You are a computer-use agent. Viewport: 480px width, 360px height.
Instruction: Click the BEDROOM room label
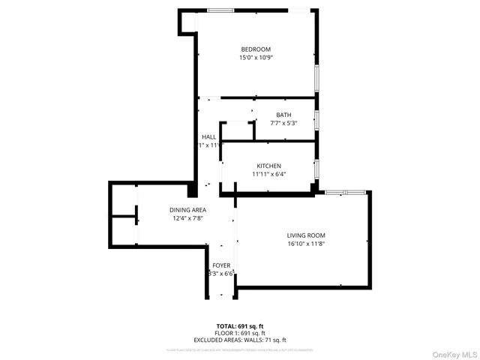(x=256, y=49)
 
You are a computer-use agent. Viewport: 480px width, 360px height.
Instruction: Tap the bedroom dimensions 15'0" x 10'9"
(x=256, y=58)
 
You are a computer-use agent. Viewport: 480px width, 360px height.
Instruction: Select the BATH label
(x=283, y=115)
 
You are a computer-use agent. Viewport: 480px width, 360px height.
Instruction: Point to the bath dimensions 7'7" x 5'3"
(x=283, y=123)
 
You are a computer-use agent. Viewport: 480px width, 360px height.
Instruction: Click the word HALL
(x=208, y=137)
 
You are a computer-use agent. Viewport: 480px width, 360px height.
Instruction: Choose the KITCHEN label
(x=268, y=166)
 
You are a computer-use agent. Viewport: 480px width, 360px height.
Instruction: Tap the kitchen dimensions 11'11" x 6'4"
(x=268, y=174)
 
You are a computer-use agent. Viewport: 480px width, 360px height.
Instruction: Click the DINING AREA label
(x=188, y=210)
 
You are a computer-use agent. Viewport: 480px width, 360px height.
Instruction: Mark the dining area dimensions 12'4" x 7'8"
(x=188, y=218)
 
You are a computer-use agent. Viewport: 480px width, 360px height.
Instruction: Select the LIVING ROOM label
(x=306, y=235)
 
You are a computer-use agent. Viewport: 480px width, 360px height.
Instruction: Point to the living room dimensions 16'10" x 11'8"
(x=306, y=244)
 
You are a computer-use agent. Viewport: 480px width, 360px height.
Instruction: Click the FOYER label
(x=221, y=265)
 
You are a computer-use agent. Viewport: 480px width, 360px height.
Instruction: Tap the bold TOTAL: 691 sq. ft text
(x=240, y=325)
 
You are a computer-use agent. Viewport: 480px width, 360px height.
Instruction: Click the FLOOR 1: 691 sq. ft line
(x=240, y=333)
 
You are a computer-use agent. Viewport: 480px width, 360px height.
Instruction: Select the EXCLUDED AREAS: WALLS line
(x=240, y=340)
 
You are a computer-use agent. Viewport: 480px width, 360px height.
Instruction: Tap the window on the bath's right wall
(x=317, y=120)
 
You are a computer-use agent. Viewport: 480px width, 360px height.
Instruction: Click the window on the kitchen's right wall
(x=317, y=168)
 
